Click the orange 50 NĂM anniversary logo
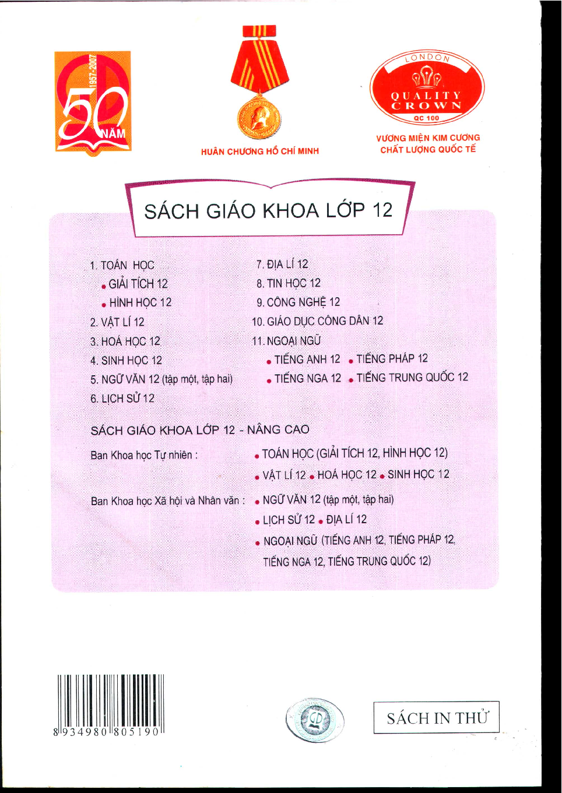pyautogui.click(x=93, y=103)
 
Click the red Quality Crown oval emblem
pyautogui.click(x=427, y=88)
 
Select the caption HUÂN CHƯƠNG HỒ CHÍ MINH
pyautogui.click(x=260, y=151)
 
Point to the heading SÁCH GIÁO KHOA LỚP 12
pyautogui.click(x=268, y=210)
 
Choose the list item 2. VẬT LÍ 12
pyautogui.click(x=117, y=322)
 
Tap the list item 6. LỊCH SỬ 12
pyautogui.click(x=122, y=399)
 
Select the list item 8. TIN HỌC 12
pyautogui.click(x=289, y=283)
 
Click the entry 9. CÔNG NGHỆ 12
pyautogui.click(x=298, y=302)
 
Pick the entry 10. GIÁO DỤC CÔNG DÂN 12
pyautogui.click(x=318, y=321)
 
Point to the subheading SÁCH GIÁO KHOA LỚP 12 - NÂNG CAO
pyautogui.click(x=200, y=430)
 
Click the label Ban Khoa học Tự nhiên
pyautogui.click(x=144, y=455)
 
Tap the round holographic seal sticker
pyautogui.click(x=315, y=720)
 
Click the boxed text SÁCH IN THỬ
pyautogui.click(x=437, y=718)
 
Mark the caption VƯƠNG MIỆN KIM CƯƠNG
pyautogui.click(x=428, y=138)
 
